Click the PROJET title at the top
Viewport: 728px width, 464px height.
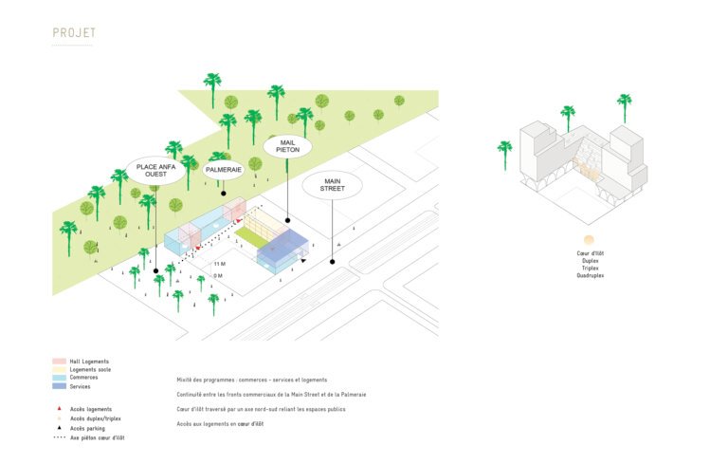pos(74,33)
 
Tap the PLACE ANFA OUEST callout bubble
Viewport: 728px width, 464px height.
pos(157,171)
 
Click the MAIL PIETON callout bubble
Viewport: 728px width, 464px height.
pos(288,145)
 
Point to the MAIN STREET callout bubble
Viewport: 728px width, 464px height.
pos(333,185)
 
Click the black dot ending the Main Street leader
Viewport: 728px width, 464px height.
pos(333,261)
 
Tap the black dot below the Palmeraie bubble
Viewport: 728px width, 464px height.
pos(224,195)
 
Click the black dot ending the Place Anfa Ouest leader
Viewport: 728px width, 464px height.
pos(156,270)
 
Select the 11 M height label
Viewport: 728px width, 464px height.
pos(220,263)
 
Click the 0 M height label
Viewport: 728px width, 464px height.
pos(219,275)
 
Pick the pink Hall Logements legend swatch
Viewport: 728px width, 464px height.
pos(59,362)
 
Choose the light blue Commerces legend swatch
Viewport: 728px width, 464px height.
pos(59,378)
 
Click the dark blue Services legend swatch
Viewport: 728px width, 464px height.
pos(59,385)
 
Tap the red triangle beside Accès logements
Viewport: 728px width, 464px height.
pos(59,408)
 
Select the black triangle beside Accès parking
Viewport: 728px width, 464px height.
pos(59,428)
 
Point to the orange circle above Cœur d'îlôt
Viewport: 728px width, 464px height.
pos(589,241)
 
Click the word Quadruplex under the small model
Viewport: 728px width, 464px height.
pos(590,276)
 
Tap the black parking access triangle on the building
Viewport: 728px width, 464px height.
pos(302,259)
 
